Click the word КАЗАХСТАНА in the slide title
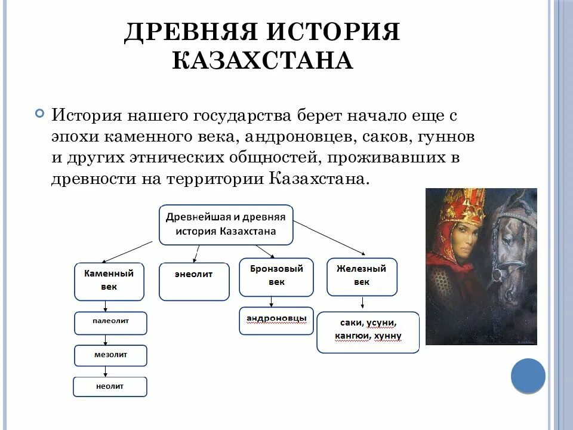[x=263, y=60]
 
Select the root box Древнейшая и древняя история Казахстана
[x=226, y=224]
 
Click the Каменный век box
[x=109, y=281]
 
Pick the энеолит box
[x=194, y=281]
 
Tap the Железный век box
[x=362, y=277]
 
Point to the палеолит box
[x=110, y=322]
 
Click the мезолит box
[x=110, y=355]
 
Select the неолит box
[x=110, y=387]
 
